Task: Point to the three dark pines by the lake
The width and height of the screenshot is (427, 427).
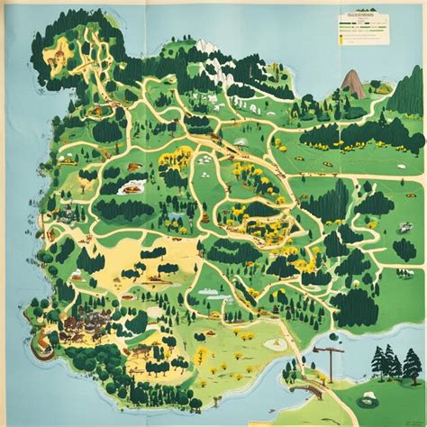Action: point(386,362)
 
